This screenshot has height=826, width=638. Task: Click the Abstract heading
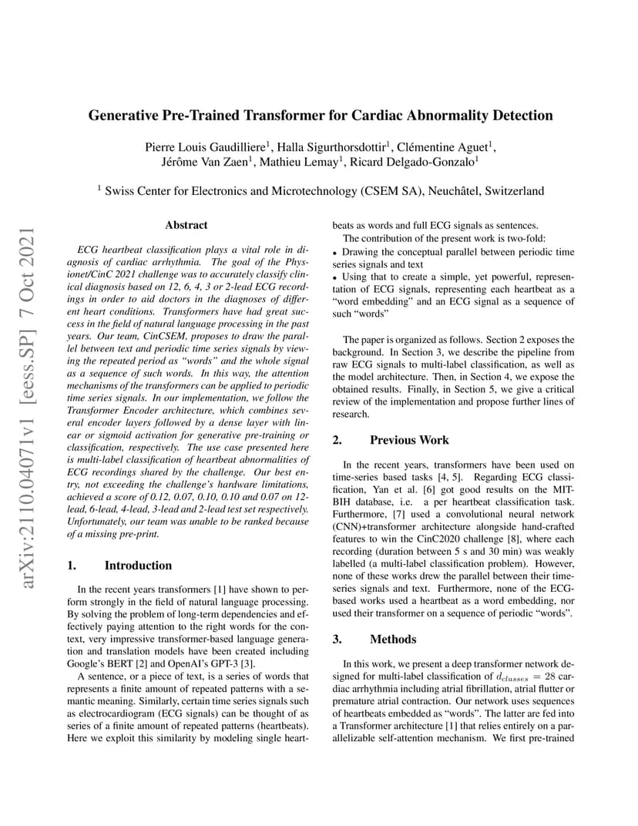(x=186, y=225)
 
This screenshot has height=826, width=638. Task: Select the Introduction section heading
(x=138, y=565)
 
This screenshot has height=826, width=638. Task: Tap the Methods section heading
(x=393, y=639)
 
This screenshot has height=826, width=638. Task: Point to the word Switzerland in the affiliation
(x=514, y=191)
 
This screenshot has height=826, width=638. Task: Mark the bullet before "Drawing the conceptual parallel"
(x=335, y=253)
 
